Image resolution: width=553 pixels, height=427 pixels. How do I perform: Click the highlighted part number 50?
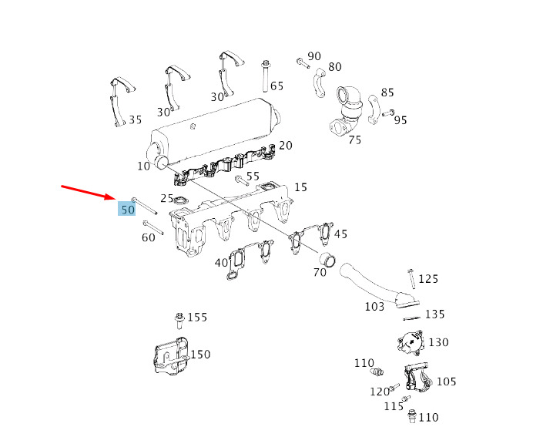127,209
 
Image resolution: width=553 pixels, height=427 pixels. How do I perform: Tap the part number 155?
198,318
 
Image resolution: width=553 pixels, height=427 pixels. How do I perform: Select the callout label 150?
200,355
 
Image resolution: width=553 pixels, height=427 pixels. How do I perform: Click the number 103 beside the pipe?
374,306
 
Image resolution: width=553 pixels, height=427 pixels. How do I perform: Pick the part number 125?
428,279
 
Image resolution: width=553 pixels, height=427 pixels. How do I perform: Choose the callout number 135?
435,314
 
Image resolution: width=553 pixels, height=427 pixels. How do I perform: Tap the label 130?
438,342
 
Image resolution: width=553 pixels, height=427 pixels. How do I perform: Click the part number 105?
446,382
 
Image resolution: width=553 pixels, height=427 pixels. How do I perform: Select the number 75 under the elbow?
354,140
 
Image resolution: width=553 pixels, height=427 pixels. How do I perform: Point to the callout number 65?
277,86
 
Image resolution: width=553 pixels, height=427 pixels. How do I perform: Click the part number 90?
314,56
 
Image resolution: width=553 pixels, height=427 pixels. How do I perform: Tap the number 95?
401,120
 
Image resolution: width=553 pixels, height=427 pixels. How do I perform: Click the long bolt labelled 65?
266,76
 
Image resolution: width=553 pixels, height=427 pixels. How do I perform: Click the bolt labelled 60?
153,227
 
